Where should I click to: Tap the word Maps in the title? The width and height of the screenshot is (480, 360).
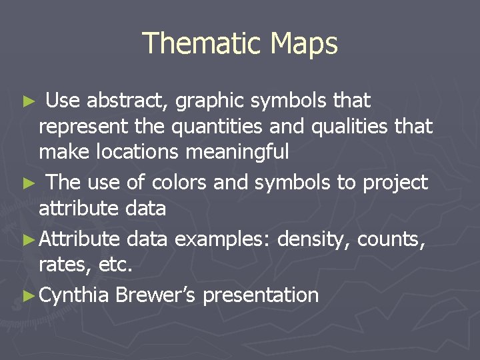click(x=304, y=44)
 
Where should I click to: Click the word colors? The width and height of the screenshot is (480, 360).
click(x=179, y=182)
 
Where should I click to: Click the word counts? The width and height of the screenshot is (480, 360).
click(x=391, y=239)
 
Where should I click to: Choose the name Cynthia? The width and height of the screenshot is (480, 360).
click(x=74, y=295)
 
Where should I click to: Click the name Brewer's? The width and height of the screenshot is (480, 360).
click(x=155, y=295)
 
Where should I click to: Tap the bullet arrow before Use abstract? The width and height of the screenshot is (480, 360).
click(x=29, y=102)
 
